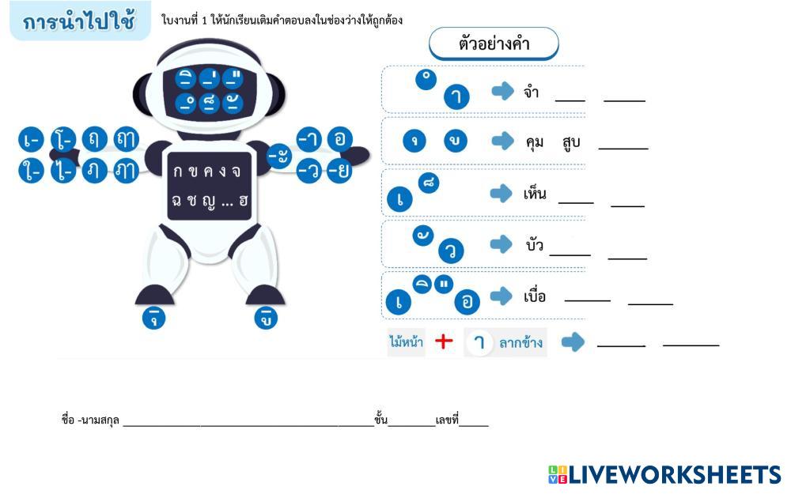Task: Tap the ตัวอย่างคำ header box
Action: [x=494, y=44]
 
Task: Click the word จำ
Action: [x=532, y=92]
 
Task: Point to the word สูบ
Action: [x=571, y=142]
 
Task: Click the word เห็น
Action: [x=535, y=194]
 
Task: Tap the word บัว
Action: [x=535, y=245]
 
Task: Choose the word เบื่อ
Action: [x=535, y=297]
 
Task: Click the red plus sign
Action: [x=445, y=341]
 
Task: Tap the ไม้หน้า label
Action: [x=406, y=342]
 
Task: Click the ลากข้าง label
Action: [x=520, y=343]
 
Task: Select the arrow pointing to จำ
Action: [x=502, y=92]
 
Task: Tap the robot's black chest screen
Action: [x=209, y=186]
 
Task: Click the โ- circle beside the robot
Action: [x=63, y=140]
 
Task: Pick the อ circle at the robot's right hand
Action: [x=339, y=139]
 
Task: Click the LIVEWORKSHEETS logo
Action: [x=664, y=474]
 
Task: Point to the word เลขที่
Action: [x=447, y=420]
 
